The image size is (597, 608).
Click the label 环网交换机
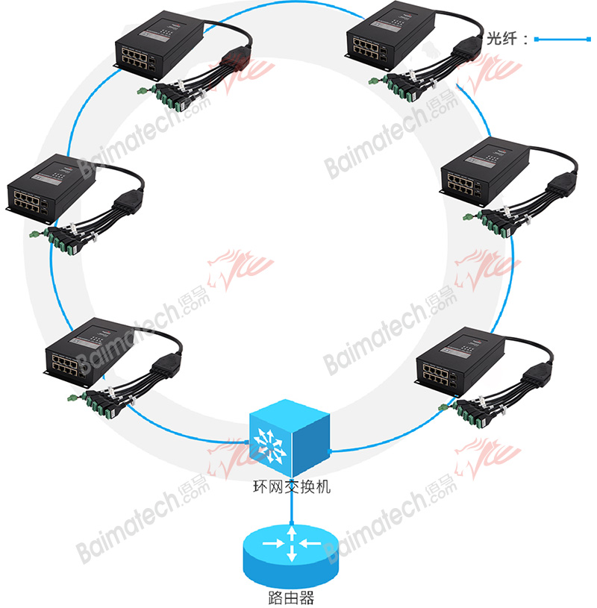click(291, 489)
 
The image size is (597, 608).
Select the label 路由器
click(290, 598)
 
